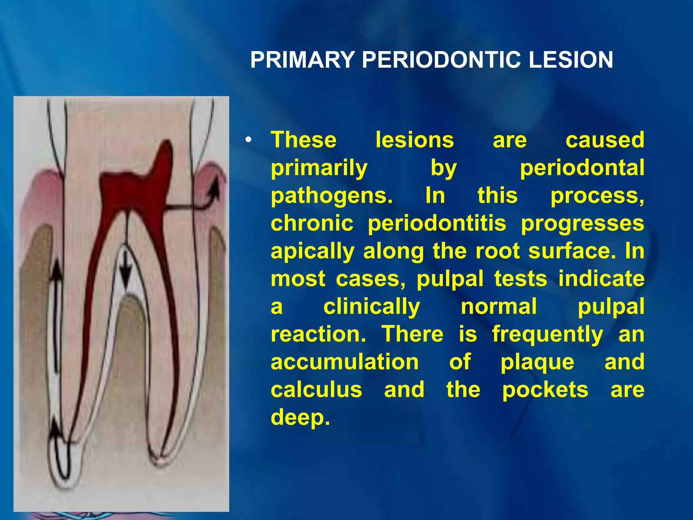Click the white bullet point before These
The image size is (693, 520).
click(x=249, y=140)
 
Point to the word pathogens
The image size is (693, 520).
click(x=332, y=196)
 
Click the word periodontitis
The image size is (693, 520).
click(x=437, y=224)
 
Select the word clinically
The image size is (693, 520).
click(x=372, y=307)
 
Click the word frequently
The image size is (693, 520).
click(x=547, y=334)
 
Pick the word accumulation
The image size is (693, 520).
click(x=345, y=362)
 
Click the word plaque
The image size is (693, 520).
click(x=537, y=363)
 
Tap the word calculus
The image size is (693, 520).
click(x=316, y=390)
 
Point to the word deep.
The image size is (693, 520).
click(x=299, y=417)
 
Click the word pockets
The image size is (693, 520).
click(x=545, y=390)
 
